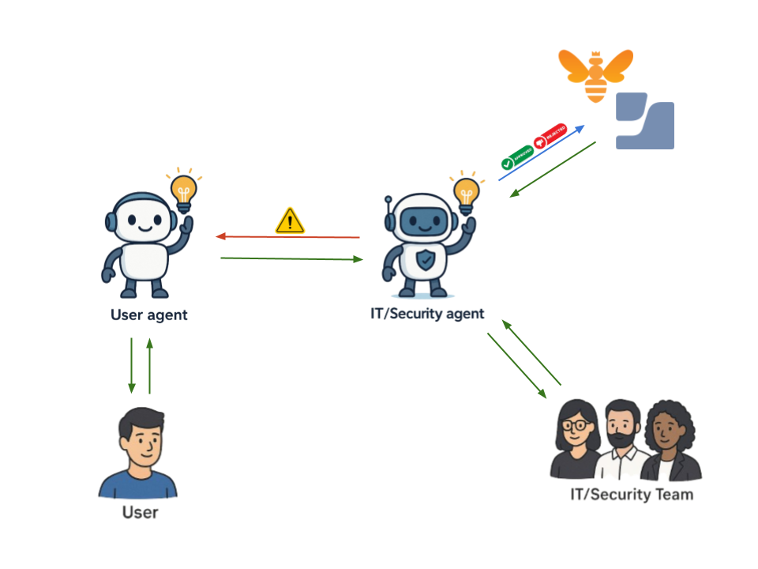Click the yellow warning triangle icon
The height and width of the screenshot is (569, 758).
(x=290, y=221)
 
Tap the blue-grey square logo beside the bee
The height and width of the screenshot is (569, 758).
(x=645, y=121)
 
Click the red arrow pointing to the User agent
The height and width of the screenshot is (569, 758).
(x=288, y=236)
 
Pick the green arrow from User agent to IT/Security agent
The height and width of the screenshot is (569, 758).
(x=292, y=258)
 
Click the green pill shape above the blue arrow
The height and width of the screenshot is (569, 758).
(x=517, y=156)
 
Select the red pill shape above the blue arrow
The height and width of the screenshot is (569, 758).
(x=550, y=136)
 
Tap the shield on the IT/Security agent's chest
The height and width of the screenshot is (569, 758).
(x=425, y=259)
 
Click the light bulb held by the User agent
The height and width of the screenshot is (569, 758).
(x=184, y=192)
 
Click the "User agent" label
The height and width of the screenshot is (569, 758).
(x=149, y=315)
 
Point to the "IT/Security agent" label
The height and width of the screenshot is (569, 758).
(x=427, y=314)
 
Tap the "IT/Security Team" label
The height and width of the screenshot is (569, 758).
(x=632, y=496)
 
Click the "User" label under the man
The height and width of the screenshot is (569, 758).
(x=141, y=513)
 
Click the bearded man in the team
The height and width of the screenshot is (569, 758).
(x=623, y=439)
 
